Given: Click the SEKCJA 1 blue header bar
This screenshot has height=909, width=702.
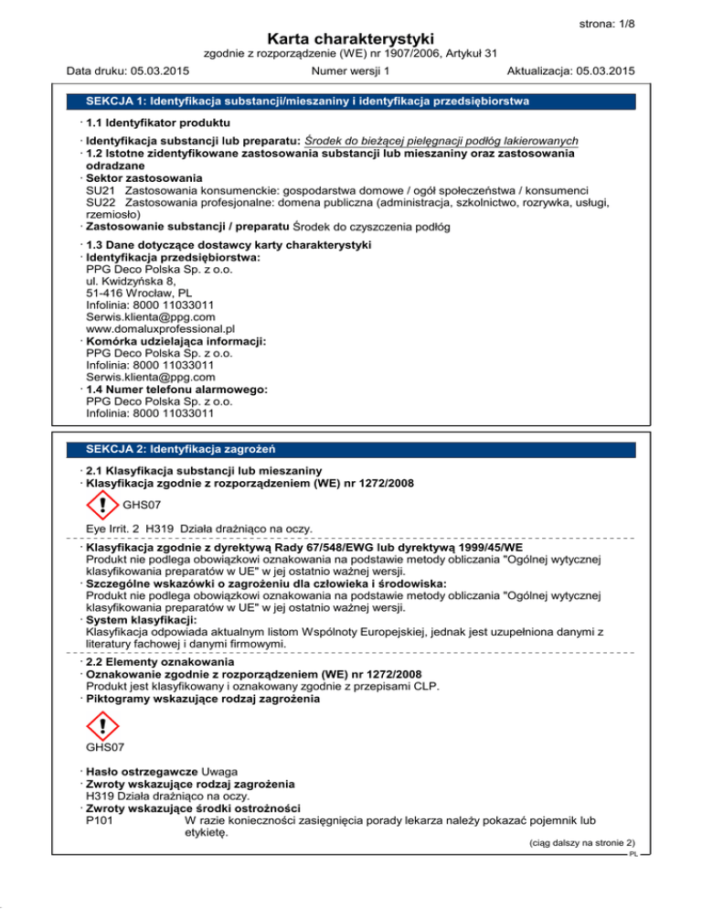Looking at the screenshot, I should coord(351,99).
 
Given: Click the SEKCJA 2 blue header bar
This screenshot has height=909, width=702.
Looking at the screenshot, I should coord(351,448).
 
